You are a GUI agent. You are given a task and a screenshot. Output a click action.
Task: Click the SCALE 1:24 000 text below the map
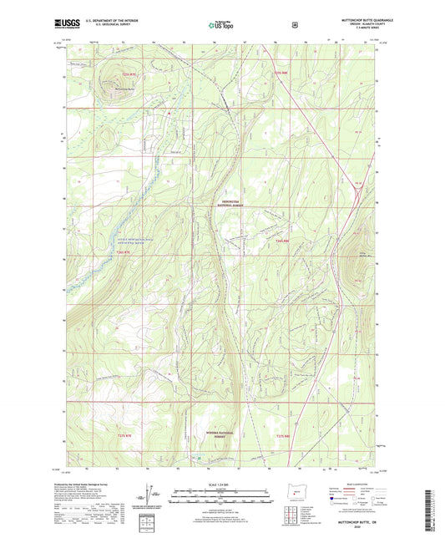pyautogui.click(x=222, y=485)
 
